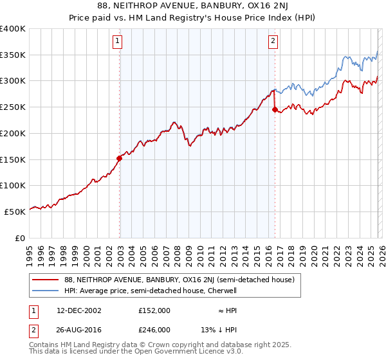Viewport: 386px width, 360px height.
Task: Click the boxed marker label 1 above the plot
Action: pos(118,42)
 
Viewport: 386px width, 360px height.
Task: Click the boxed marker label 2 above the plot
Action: pos(273,42)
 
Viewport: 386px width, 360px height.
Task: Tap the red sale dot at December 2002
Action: pos(120,157)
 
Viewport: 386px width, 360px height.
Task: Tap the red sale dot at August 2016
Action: pos(275,109)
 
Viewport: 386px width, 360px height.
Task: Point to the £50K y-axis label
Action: pos(15,211)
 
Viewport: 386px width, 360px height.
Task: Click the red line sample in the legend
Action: pos(45,280)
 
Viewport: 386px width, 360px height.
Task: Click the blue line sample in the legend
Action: pos(45,291)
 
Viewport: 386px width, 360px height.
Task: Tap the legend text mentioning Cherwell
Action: pos(151,291)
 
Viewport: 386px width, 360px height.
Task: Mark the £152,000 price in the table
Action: pos(154,310)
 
